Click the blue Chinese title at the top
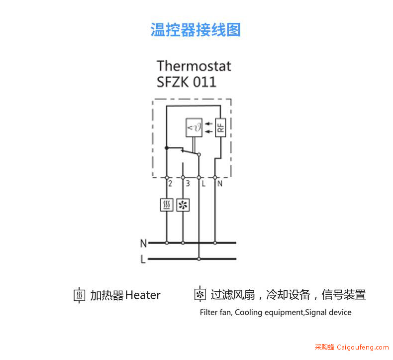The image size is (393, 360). coord(196,30)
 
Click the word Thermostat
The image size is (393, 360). coord(194,66)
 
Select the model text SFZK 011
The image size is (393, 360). coord(186,82)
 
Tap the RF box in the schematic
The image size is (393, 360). coord(220,127)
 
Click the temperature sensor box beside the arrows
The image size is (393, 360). coord(194,127)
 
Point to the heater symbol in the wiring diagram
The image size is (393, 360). coord(167,205)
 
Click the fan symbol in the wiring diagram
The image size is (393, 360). coord(183,205)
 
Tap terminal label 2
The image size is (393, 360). coord(171,184)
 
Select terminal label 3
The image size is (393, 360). coord(188,184)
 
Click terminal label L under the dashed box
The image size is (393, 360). coord(203,184)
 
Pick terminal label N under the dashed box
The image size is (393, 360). coord(220,184)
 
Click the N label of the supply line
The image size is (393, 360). coord(143,243)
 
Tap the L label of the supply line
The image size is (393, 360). coord(143,259)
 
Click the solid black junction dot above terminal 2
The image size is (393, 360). coord(167,148)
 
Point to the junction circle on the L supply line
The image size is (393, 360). coord(199,259)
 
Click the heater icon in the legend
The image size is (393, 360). coord(80,295)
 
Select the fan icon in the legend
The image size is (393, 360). coord(200,294)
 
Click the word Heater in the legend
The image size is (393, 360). coord(143,295)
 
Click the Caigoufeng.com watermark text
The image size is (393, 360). coord(363,347)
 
